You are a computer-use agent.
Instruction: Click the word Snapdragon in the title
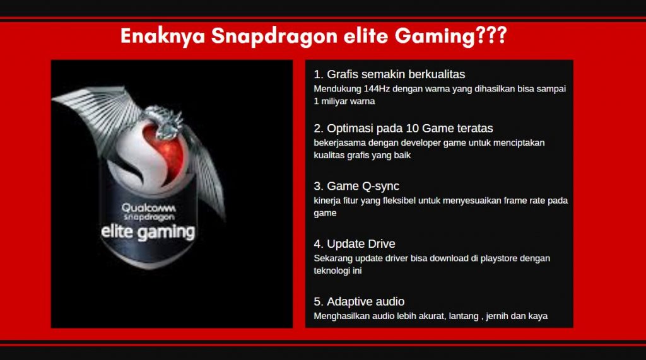point(274,36)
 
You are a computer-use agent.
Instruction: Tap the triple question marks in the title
point(491,35)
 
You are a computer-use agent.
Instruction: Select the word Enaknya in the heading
point(163,36)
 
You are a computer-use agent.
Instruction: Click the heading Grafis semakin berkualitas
point(389,74)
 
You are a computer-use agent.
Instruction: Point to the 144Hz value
point(377,88)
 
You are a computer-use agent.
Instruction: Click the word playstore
point(499,258)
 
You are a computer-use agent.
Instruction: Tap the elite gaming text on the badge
point(148,232)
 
